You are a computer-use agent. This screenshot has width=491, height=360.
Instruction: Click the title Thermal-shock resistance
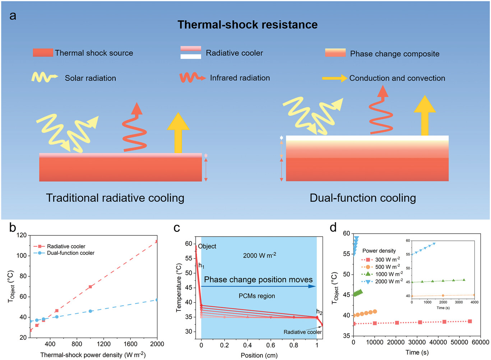(x=247, y=24)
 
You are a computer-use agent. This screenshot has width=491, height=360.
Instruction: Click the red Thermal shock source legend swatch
(x=43, y=52)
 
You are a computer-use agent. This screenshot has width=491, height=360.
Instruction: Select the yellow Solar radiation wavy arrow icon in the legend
(x=45, y=77)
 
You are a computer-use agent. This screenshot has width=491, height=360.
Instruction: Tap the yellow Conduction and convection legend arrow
(x=335, y=78)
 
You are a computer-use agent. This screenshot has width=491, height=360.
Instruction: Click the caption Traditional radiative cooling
(x=115, y=198)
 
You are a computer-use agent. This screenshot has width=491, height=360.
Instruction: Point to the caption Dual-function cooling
(x=363, y=198)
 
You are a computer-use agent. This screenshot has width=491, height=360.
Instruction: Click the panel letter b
(x=13, y=228)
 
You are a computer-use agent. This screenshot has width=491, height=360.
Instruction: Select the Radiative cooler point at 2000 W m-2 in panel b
(x=157, y=242)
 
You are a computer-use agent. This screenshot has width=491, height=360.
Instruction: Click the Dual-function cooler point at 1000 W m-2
(x=90, y=311)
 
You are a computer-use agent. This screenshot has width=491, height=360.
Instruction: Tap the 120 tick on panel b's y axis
(x=22, y=235)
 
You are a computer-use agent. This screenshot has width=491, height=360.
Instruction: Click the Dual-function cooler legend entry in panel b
(x=64, y=253)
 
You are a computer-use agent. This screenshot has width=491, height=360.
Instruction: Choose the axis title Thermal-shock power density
(x=93, y=355)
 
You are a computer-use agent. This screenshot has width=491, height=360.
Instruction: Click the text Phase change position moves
(x=258, y=280)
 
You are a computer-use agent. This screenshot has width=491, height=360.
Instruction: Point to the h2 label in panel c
(x=319, y=312)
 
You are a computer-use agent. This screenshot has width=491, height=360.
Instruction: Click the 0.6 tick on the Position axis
(x=270, y=345)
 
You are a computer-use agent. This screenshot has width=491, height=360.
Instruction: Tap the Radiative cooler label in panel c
(x=302, y=332)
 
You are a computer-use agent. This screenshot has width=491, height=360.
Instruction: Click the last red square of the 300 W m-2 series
(x=470, y=321)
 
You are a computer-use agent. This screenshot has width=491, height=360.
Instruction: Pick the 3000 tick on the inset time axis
(x=459, y=302)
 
